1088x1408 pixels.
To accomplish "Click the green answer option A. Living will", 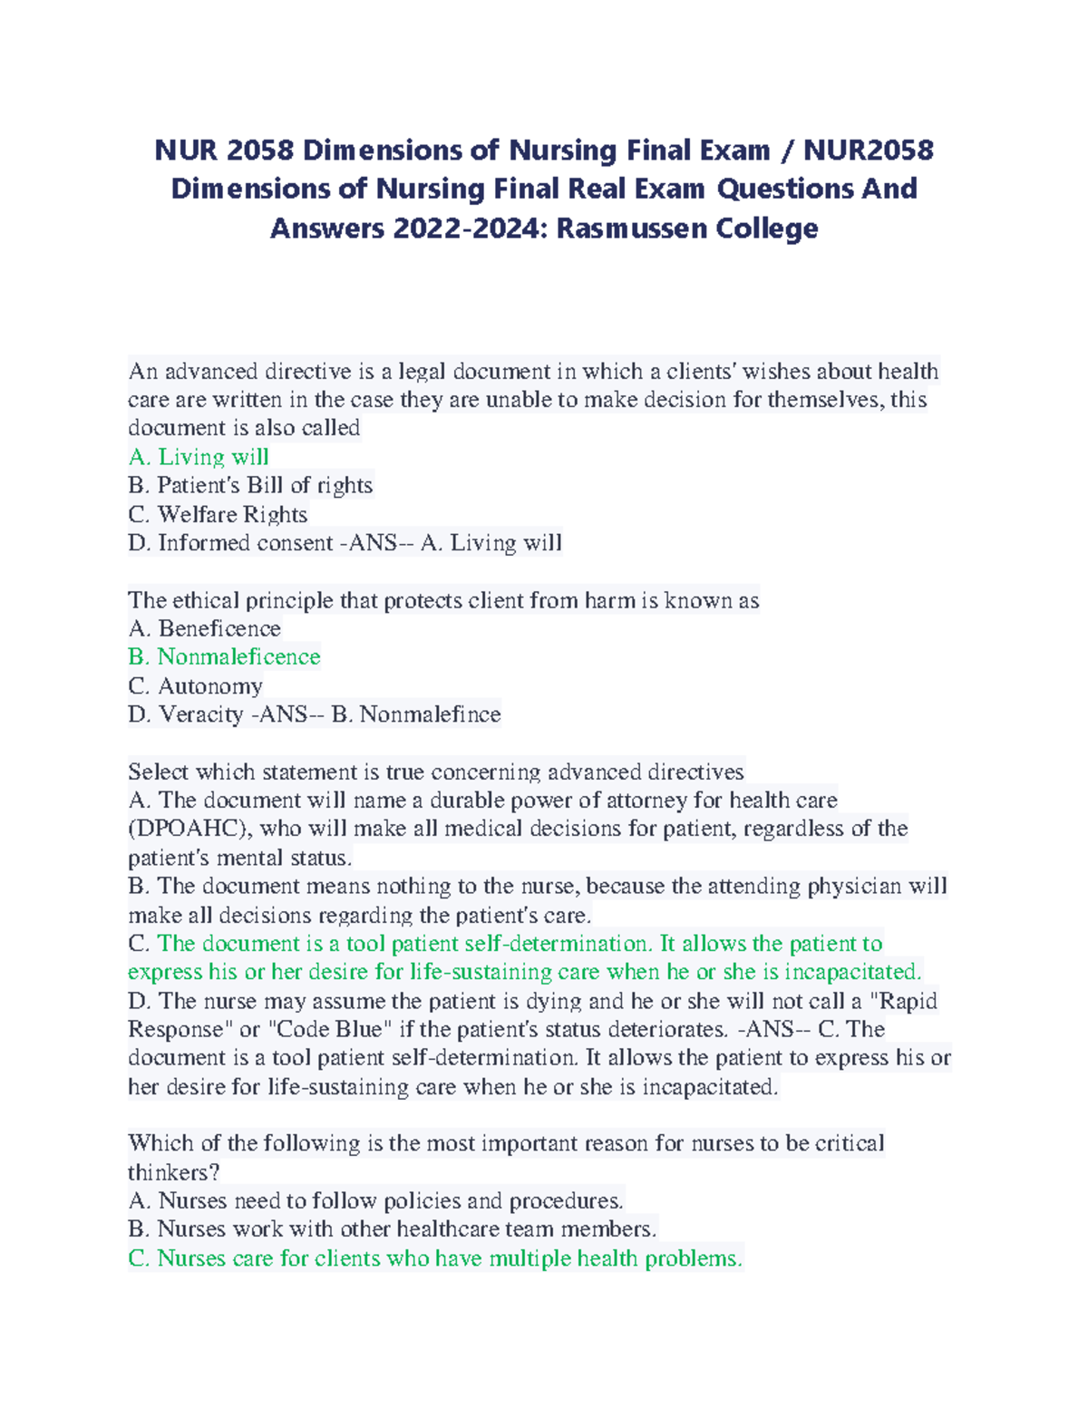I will [x=199, y=457].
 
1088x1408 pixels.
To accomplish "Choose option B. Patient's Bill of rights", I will [x=250, y=485].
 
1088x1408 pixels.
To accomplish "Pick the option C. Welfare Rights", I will [x=218, y=514].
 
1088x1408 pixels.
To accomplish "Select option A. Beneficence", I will [x=204, y=628].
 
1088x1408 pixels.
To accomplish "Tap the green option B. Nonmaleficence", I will [x=224, y=656].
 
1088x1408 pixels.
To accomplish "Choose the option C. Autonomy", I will [x=195, y=685].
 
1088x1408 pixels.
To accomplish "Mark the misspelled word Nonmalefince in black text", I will [x=430, y=714].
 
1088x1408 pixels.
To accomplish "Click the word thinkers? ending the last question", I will [x=173, y=1172].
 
